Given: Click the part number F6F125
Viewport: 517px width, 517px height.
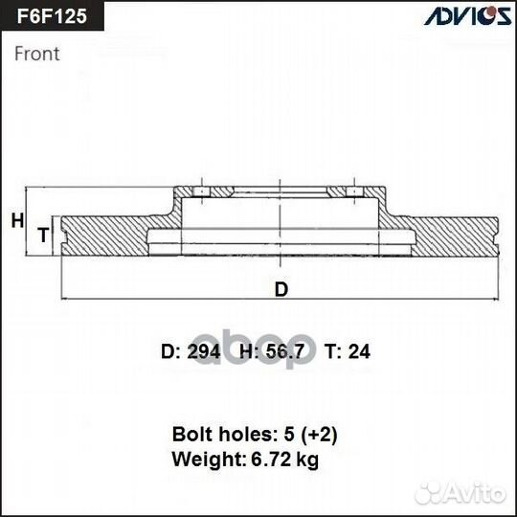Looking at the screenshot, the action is tap(52, 16).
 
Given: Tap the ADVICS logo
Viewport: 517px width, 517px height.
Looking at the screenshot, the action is tap(468, 16).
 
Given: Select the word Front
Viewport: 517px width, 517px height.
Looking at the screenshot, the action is tap(37, 54).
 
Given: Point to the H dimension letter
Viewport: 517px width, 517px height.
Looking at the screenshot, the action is tap(17, 220).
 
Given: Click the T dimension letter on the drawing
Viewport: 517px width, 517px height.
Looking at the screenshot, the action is tap(43, 235).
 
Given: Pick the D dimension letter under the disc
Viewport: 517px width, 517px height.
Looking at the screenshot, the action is tap(281, 289).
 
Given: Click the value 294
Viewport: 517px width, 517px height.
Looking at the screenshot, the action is tap(203, 351).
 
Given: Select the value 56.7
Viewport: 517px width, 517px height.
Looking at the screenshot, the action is tap(284, 351).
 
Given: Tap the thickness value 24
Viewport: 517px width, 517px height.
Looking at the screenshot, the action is tap(359, 351).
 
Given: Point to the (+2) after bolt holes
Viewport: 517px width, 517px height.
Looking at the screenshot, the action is tap(319, 435).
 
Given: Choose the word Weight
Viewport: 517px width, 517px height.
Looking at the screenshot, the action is tap(209, 459).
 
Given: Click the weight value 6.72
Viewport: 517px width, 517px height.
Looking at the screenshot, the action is tap(270, 459).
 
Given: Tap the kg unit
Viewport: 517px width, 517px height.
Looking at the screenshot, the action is tap(307, 460).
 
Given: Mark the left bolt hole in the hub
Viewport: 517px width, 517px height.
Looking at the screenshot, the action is tap(201, 191).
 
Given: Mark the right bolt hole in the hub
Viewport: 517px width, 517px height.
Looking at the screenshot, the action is tap(354, 191).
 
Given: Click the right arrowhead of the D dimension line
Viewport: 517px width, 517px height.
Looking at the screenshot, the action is tap(495, 300).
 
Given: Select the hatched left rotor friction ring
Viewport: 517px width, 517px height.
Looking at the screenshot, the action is tap(105, 236).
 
